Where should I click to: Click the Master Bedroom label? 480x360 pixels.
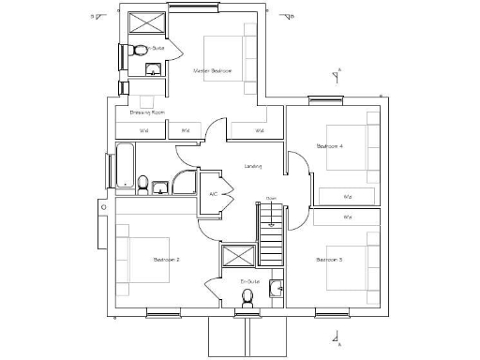click(213, 70)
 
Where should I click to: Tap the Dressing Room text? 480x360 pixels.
click(147, 112)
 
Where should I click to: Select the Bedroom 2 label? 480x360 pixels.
click(165, 258)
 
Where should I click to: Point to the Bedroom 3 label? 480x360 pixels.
click(329, 259)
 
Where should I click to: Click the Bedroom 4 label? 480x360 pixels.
click(329, 146)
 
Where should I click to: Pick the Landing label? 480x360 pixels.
click(252, 167)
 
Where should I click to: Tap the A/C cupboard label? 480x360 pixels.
click(213, 194)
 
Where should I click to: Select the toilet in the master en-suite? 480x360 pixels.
click(140, 49)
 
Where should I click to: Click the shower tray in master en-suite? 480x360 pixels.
click(143, 24)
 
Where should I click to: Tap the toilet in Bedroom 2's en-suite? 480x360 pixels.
click(247, 298)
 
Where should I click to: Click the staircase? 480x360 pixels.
click(271, 238)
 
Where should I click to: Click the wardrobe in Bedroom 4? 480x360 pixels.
click(348, 196)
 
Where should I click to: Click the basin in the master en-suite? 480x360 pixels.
click(153, 67)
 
